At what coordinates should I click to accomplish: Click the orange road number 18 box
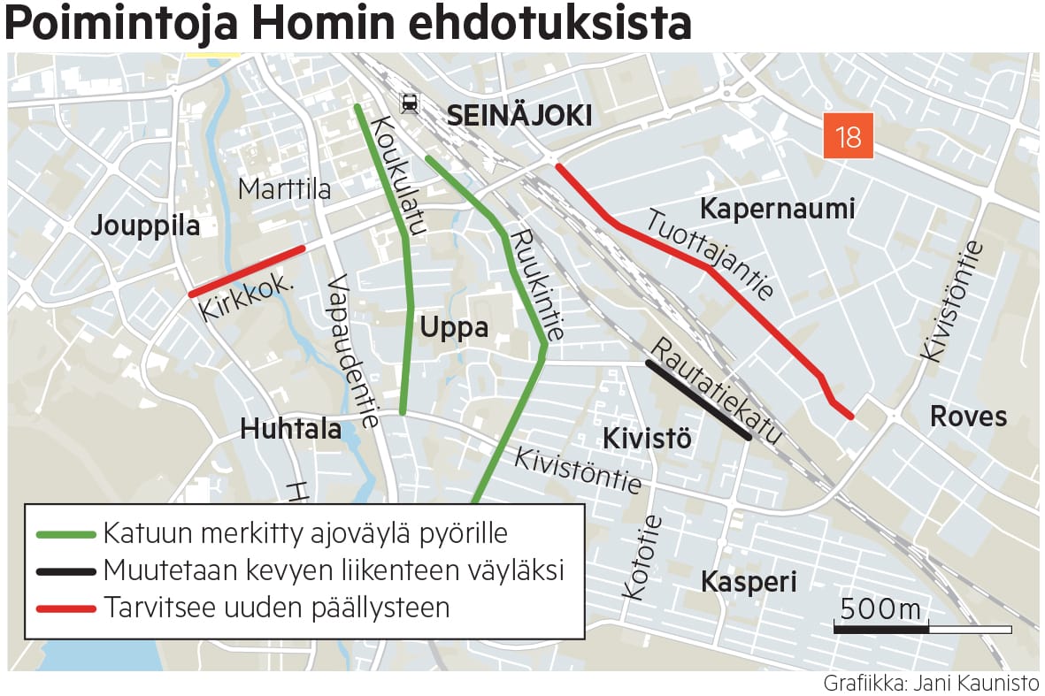tap(848, 137)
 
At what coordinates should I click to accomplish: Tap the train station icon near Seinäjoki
tap(410, 103)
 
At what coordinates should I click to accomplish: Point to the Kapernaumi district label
tap(777, 210)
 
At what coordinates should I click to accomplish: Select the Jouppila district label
tap(145, 226)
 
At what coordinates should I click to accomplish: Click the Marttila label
tap(284, 189)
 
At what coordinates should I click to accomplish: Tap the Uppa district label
tap(454, 327)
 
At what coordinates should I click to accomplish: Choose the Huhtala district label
tap(290, 429)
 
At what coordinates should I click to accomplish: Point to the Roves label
tap(968, 417)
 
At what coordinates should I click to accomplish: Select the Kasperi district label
tap(749, 582)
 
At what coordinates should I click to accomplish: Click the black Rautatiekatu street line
tap(698, 400)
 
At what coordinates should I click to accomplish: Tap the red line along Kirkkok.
tap(247, 271)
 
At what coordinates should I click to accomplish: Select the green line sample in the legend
tap(65, 535)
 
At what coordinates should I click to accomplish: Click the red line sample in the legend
tap(65, 608)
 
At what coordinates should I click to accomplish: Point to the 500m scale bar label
tap(880, 609)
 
